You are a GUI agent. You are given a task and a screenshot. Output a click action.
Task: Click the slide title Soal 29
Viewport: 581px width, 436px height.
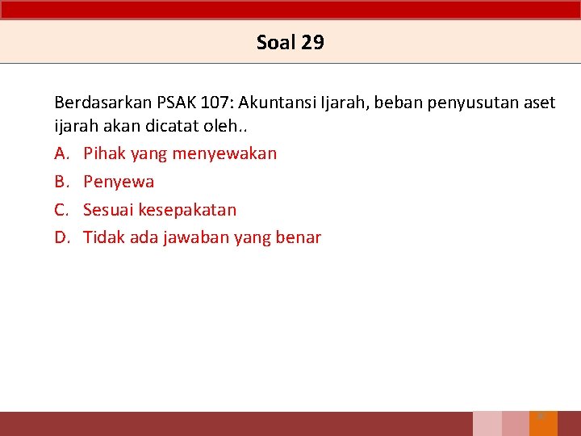click(x=290, y=42)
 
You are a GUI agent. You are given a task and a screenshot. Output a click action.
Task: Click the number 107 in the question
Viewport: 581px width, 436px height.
click(x=216, y=103)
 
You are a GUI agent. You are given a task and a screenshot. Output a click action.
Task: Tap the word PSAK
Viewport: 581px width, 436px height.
click(x=176, y=103)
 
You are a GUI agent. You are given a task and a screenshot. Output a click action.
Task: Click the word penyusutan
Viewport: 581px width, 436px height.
click(x=457, y=103)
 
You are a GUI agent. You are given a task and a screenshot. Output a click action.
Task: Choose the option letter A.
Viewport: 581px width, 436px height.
click(x=61, y=153)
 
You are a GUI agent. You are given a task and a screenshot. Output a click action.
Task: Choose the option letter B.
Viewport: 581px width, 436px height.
click(x=61, y=182)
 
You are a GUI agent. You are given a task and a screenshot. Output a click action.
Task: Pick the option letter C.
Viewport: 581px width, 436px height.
click(x=61, y=210)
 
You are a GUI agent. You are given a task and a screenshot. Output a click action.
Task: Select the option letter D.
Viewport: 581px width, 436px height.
click(x=61, y=237)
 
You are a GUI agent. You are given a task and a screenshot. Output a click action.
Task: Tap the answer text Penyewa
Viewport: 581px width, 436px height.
click(x=119, y=182)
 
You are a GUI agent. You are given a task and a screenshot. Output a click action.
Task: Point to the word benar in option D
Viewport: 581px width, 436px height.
click(x=299, y=237)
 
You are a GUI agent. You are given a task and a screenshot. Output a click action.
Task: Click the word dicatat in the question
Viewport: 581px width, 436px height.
click(x=165, y=127)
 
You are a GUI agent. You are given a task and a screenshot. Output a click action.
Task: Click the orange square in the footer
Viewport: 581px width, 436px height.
click(x=543, y=424)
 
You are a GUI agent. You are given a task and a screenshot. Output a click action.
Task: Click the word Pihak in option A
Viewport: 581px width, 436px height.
click(x=103, y=153)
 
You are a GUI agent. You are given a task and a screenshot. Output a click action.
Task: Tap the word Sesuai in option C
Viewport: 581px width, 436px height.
click(x=108, y=210)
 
